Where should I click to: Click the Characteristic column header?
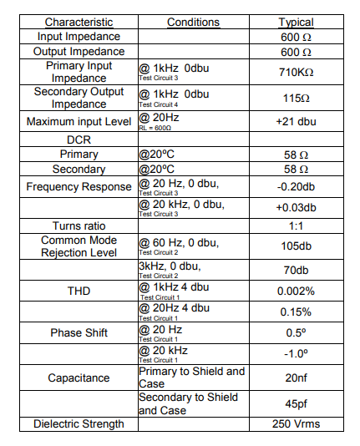(79, 23)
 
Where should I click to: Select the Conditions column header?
(194, 23)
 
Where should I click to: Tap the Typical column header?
(295, 23)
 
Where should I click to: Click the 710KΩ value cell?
(295, 72)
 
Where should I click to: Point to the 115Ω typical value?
(295, 98)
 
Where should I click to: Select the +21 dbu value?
(295, 122)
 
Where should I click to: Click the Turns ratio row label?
(79, 226)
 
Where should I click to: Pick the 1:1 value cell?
(295, 226)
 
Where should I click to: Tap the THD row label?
(79, 291)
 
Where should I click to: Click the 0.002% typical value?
(295, 291)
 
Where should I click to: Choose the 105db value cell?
(295, 246)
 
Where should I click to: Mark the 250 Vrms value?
(295, 423)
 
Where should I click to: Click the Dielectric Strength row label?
(79, 423)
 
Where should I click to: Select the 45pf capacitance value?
(295, 403)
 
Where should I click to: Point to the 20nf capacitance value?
(295, 378)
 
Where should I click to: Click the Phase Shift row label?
(79, 332)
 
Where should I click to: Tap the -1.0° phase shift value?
(295, 353)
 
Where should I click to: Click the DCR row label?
(79, 139)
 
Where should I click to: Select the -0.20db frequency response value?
(295, 186)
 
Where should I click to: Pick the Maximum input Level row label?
(79, 122)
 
